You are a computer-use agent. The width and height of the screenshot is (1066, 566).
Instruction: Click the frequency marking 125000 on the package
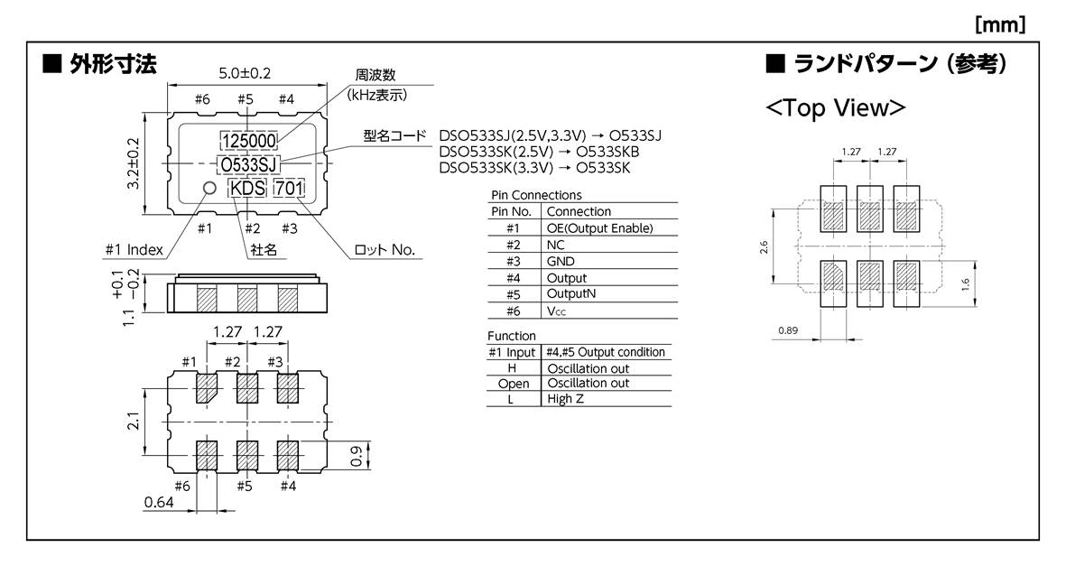tap(249, 141)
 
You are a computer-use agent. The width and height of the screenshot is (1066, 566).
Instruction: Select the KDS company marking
tap(247, 188)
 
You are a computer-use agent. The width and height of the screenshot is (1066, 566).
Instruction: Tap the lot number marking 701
tap(289, 188)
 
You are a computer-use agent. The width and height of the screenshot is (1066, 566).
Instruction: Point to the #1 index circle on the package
tap(209, 187)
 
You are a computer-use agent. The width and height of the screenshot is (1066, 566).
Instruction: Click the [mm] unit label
tap(1000, 24)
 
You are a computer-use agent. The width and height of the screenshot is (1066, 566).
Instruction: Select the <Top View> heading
tap(835, 107)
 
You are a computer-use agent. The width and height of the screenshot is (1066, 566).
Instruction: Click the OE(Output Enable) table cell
tap(598, 228)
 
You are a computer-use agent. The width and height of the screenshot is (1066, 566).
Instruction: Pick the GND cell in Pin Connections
tap(561, 261)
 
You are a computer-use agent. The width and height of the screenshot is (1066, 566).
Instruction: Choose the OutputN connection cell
tap(571, 294)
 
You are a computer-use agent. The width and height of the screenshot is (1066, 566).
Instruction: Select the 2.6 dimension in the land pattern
tap(764, 246)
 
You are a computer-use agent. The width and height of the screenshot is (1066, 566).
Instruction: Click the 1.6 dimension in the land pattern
tap(966, 284)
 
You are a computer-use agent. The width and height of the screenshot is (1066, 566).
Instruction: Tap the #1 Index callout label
tap(134, 250)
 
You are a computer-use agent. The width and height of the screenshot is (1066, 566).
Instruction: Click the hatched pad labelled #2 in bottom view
tap(246, 390)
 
